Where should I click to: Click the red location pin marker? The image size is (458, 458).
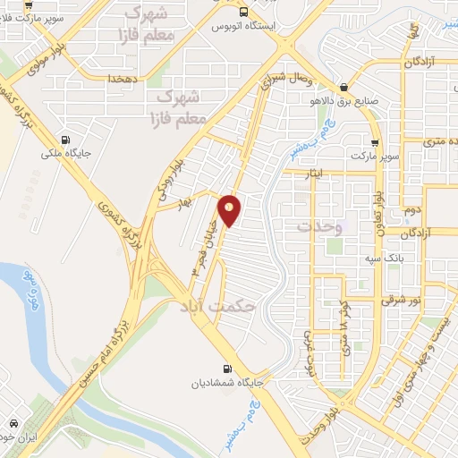point(230,210)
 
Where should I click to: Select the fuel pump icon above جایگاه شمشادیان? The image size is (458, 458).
point(226,368)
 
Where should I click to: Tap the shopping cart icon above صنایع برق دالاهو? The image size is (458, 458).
point(341,88)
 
